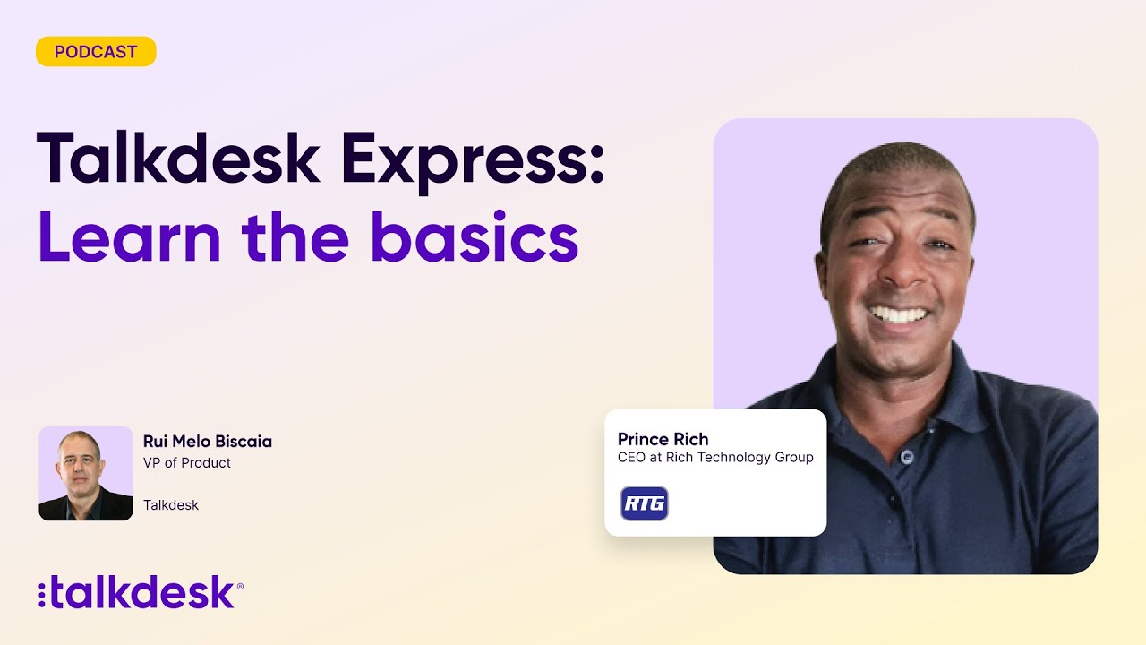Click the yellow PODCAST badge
[96, 52]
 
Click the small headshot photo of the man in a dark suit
[86, 473]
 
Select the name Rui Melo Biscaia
[208, 442]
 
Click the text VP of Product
[187, 463]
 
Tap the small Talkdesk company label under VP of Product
[171, 505]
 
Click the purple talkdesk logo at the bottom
[143, 594]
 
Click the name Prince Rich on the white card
[663, 439]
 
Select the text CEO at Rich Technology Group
[715, 458]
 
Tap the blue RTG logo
[645, 503]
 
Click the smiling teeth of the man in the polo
[898, 314]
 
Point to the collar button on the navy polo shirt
[907, 456]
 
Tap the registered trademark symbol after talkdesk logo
[240, 586]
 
